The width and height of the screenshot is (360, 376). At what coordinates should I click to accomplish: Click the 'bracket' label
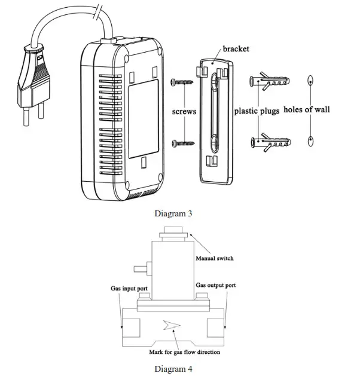236,49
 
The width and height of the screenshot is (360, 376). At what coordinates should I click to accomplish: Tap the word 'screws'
184,111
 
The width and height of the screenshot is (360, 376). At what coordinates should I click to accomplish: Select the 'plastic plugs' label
257,111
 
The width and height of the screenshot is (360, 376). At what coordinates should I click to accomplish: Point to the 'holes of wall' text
306,109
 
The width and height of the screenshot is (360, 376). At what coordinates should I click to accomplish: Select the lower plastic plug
270,143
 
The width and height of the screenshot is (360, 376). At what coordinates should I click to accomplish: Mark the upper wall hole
310,81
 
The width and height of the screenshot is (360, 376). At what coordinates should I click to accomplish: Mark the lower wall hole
310,141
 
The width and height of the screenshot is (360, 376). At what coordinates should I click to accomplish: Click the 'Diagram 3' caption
173,212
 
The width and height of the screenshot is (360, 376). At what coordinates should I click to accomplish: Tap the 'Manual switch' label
215,258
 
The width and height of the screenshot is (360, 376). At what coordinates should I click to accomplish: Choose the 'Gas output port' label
216,285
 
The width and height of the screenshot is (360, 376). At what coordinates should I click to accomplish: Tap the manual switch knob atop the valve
173,231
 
